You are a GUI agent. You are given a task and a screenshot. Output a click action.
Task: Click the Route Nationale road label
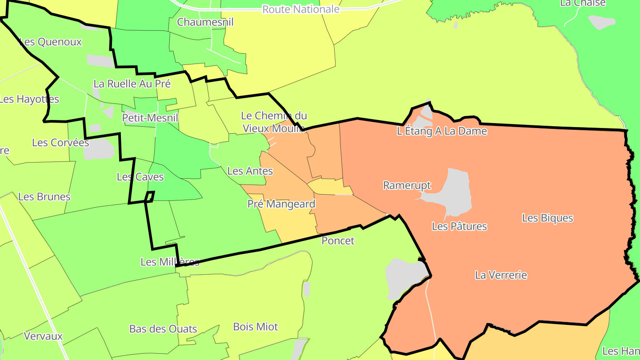tap(301, 9)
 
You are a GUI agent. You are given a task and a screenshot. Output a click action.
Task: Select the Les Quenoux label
tap(51, 42)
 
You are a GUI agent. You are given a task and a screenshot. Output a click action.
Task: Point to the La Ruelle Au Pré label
tap(132, 84)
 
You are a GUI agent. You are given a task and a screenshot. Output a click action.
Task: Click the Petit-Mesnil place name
tap(150, 118)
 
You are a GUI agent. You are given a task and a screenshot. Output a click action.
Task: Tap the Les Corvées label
tap(60, 143)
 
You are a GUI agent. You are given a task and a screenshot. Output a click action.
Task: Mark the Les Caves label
tap(140, 177)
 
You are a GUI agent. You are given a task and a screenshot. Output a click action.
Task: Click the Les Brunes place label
tap(44, 196)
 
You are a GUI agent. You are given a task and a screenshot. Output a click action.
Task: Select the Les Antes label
tap(250, 171)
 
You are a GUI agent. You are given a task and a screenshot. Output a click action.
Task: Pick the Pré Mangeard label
tap(281, 204)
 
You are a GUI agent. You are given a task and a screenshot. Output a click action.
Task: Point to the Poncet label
tap(338, 241)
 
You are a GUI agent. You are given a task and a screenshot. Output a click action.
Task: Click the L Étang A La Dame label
tap(442, 131)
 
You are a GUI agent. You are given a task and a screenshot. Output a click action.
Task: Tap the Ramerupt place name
tap(407, 185)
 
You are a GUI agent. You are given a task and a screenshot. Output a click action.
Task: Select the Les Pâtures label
tap(459, 226)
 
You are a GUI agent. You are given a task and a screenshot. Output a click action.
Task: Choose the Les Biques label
tap(548, 218)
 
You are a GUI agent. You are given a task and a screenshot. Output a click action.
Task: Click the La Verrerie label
tap(501, 275)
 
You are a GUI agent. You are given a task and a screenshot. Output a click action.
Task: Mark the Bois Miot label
tap(256, 327)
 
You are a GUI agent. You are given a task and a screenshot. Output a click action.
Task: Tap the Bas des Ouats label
tap(163, 329)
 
